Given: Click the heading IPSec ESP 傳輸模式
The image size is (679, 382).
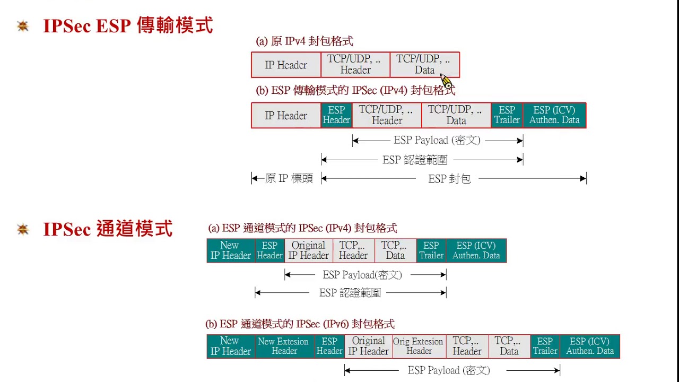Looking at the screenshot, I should click(x=128, y=25).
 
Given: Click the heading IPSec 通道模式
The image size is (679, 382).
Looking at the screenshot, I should click(x=108, y=229).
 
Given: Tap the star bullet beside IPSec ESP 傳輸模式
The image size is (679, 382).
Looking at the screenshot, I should click(x=23, y=25).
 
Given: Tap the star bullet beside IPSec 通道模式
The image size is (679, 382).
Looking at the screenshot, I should click(x=23, y=229).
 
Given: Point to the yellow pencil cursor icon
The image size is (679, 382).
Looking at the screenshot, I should click(x=446, y=81).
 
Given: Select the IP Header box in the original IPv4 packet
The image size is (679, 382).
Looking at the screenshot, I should click(x=286, y=65).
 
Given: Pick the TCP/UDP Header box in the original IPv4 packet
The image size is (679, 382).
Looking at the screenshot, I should click(x=355, y=65).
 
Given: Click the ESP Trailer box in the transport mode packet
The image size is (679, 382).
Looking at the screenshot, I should click(x=507, y=115).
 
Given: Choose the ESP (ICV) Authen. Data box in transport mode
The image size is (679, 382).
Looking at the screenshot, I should click(x=554, y=115).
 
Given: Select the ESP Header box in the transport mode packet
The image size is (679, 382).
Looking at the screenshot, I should click(x=336, y=115).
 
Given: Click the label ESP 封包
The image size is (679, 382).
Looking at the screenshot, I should click(x=449, y=179).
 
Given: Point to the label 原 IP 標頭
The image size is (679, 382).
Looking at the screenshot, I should click(x=289, y=179).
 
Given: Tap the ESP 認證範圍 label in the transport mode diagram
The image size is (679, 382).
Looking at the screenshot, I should click(x=415, y=160).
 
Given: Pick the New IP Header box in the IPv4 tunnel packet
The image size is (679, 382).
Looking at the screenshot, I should click(x=231, y=250).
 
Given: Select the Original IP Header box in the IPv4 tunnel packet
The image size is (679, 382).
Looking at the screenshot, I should click(x=308, y=250).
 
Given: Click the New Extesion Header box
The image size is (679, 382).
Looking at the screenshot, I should click(x=284, y=346).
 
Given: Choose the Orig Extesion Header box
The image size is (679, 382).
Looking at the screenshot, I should click(x=419, y=346).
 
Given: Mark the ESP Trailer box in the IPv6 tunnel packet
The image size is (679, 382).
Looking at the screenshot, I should click(x=545, y=346).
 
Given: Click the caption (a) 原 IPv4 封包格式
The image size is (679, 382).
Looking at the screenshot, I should click(x=304, y=41).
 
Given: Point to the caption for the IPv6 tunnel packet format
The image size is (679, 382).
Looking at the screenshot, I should click(x=300, y=324).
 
